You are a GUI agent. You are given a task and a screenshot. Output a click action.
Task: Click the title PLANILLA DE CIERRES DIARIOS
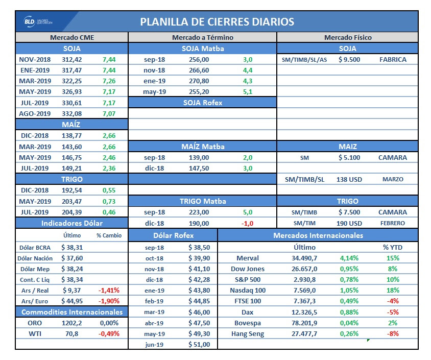217,22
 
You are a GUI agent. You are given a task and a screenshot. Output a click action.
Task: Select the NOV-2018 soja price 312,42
71,60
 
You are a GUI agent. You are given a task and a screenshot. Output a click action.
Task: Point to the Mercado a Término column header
202,37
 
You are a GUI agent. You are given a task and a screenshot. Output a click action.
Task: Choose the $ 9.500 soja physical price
349,60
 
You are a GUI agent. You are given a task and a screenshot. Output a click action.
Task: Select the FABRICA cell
393,60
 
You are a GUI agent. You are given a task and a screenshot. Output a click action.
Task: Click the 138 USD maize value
349,179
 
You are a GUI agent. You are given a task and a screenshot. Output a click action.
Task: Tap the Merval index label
248,258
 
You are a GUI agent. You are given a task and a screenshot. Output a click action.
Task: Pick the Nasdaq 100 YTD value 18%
393,290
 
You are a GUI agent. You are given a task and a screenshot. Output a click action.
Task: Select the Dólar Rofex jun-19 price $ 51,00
199,345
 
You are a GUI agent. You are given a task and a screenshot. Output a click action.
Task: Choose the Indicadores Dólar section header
71,223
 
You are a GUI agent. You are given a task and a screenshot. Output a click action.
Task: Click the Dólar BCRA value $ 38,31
71,247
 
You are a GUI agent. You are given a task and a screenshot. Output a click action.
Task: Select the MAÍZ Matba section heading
202,147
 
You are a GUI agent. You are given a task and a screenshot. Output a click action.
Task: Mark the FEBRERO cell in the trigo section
393,223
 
